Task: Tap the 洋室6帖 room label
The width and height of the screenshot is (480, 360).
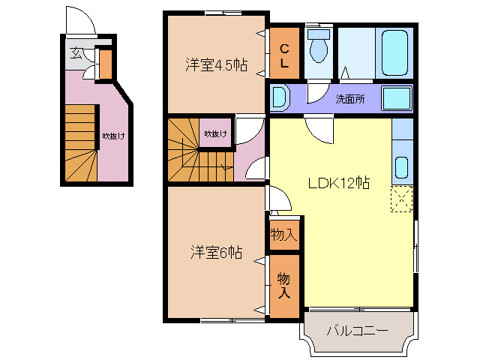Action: click(215, 253)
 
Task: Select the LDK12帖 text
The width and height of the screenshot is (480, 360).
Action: click(340, 182)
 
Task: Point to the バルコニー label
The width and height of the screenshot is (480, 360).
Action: click(357, 331)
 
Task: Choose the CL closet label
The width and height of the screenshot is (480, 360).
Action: click(284, 56)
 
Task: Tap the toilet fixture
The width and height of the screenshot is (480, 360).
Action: click(319, 46)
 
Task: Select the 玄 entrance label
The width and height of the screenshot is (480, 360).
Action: click(76, 53)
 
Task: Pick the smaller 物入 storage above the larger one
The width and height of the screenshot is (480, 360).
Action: click(283, 235)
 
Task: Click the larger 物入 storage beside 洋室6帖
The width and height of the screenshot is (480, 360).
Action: click(284, 286)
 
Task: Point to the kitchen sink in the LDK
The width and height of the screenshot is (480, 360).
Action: click(400, 166)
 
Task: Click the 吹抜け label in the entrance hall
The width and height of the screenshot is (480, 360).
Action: click(113, 136)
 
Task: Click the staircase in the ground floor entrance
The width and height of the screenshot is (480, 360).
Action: click(79, 142)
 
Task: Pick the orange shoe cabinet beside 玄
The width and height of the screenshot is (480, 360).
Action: click(105, 64)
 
